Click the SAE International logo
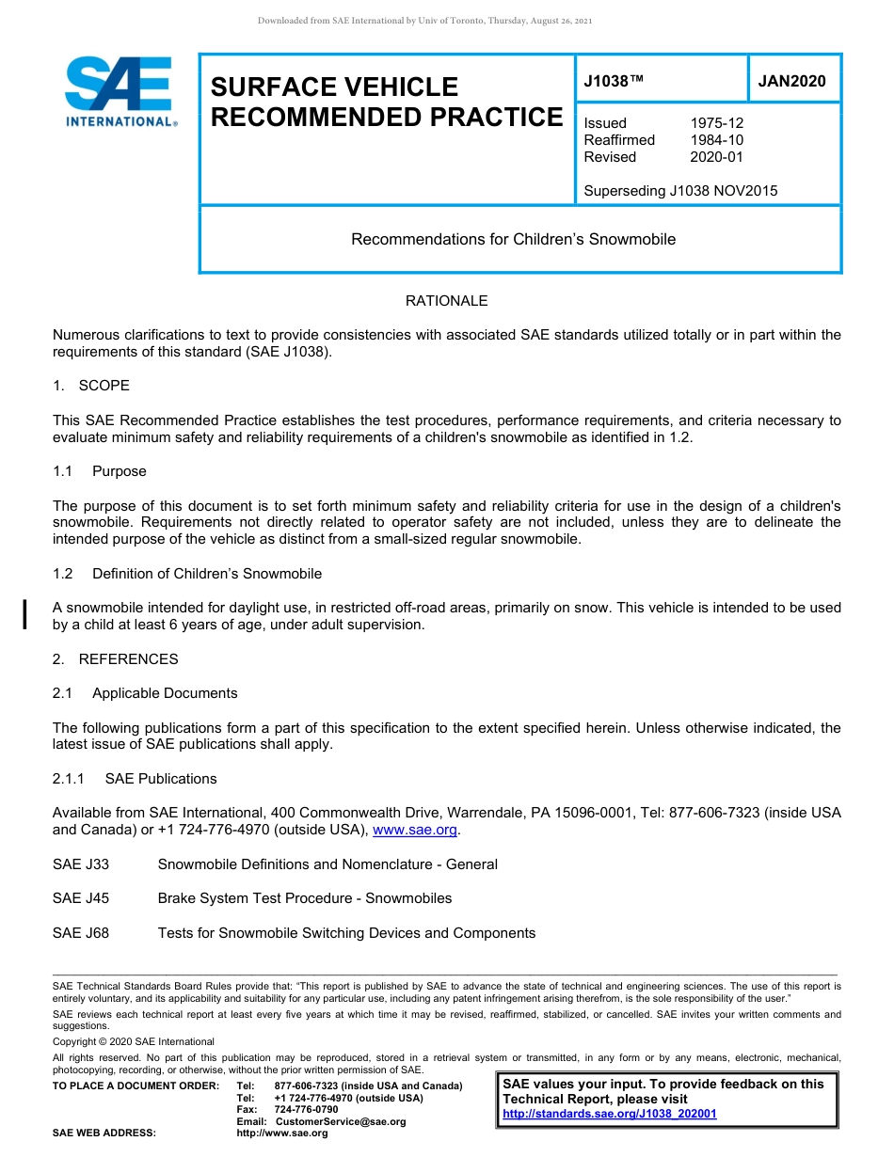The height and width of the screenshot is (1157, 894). pyautogui.click(x=120, y=92)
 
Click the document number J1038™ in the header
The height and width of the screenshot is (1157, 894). pyautogui.click(x=614, y=81)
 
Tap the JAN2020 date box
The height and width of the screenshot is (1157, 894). pyautogui.click(x=792, y=81)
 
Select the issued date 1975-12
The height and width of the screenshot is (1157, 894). pyautogui.click(x=717, y=123)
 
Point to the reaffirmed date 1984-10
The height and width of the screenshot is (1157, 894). pyautogui.click(x=717, y=140)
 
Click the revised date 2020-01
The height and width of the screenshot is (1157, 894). pyautogui.click(x=717, y=157)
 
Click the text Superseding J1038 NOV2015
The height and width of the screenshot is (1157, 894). pyautogui.click(x=680, y=191)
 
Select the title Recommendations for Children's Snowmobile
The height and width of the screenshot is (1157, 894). pyautogui.click(x=513, y=239)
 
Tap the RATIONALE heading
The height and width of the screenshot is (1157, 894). pyautogui.click(x=446, y=301)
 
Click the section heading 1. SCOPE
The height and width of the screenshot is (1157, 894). pyautogui.click(x=91, y=386)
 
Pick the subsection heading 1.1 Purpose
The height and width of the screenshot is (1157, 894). pyautogui.click(x=99, y=471)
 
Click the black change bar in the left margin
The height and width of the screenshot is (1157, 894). pyautogui.click(x=24, y=612)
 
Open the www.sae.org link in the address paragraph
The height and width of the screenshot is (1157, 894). pyautogui.click(x=415, y=830)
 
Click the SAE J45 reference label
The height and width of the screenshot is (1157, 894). pyautogui.click(x=81, y=898)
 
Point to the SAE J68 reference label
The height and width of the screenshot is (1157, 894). pyautogui.click(x=81, y=933)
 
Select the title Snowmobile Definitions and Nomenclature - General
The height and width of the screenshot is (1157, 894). pyautogui.click(x=327, y=864)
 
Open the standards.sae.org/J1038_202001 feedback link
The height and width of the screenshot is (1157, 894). pyautogui.click(x=609, y=1114)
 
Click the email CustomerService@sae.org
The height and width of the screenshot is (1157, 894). pyautogui.click(x=341, y=1121)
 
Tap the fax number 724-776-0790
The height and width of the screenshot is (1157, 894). pyautogui.click(x=306, y=1110)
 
